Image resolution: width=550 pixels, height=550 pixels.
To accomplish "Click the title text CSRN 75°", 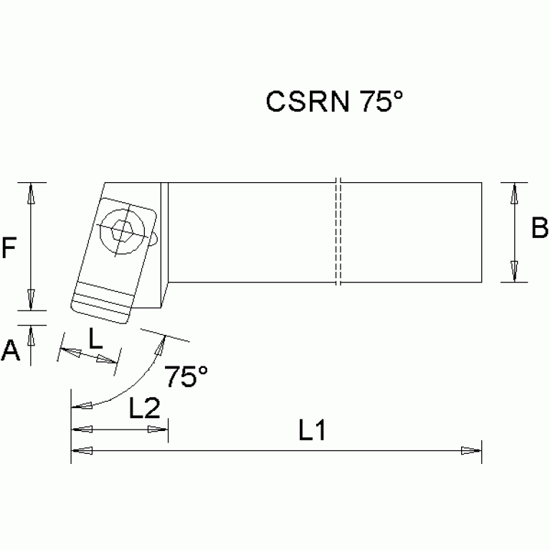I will [x=335, y=101].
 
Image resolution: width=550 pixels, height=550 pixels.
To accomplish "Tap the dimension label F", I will [x=9, y=248].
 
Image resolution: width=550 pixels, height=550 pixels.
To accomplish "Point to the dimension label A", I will [x=9, y=351].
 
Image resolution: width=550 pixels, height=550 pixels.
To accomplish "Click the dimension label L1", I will [x=312, y=431].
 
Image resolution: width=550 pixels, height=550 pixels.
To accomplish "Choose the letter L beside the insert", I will [x=95, y=338].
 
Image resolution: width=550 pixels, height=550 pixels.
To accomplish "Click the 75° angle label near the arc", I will [x=186, y=376].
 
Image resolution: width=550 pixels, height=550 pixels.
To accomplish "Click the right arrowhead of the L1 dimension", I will [x=471, y=450].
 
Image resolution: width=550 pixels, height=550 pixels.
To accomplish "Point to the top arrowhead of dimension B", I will [x=514, y=192].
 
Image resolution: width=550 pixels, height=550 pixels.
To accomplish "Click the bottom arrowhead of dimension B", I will [x=514, y=272].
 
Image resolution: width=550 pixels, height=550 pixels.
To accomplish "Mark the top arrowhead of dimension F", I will [x=31, y=192].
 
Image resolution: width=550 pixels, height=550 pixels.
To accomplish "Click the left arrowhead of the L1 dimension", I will [x=80, y=450].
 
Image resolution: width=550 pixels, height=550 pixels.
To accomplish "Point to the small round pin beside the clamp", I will [x=153, y=237].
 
